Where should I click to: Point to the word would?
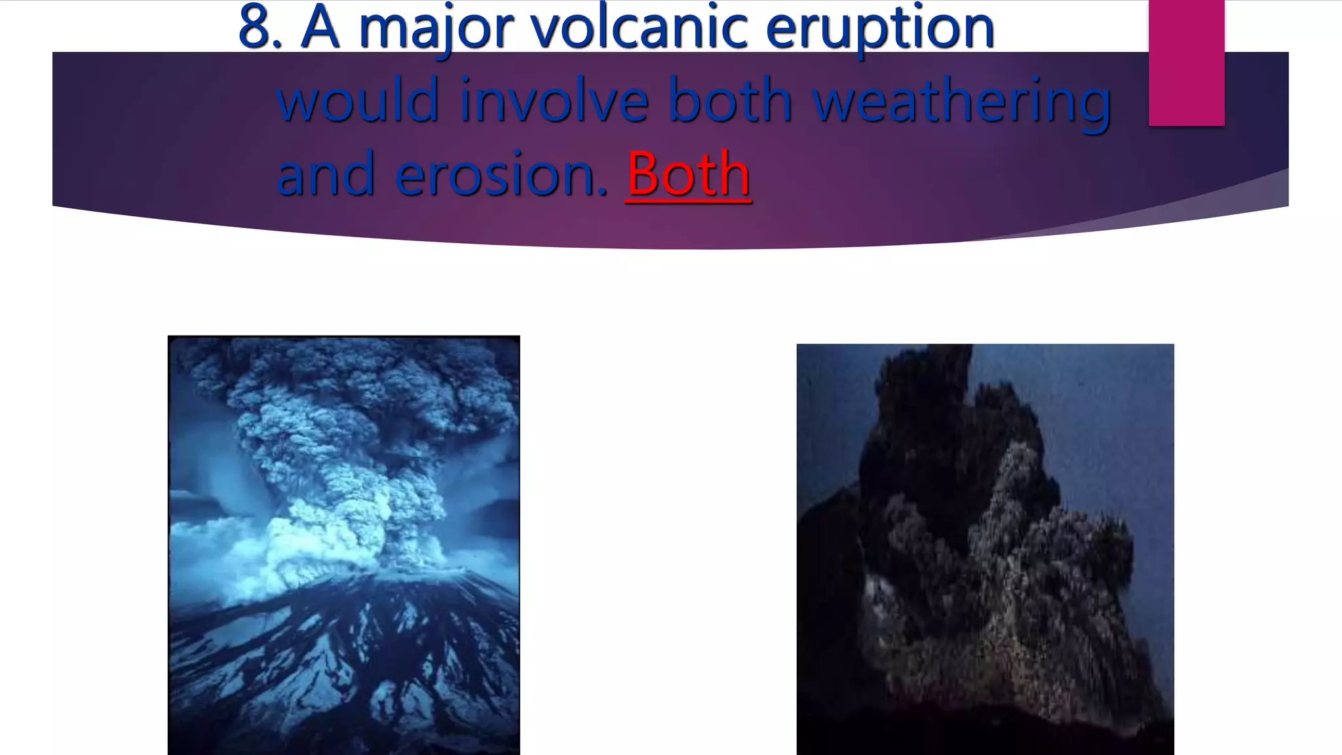(x=358, y=100)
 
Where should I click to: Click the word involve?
(x=554, y=100)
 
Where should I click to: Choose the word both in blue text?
(x=731, y=100)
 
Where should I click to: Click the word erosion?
(x=501, y=174)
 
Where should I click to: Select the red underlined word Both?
(x=688, y=173)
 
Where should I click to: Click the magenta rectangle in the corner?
(x=1186, y=63)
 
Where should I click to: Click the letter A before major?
(x=320, y=28)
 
